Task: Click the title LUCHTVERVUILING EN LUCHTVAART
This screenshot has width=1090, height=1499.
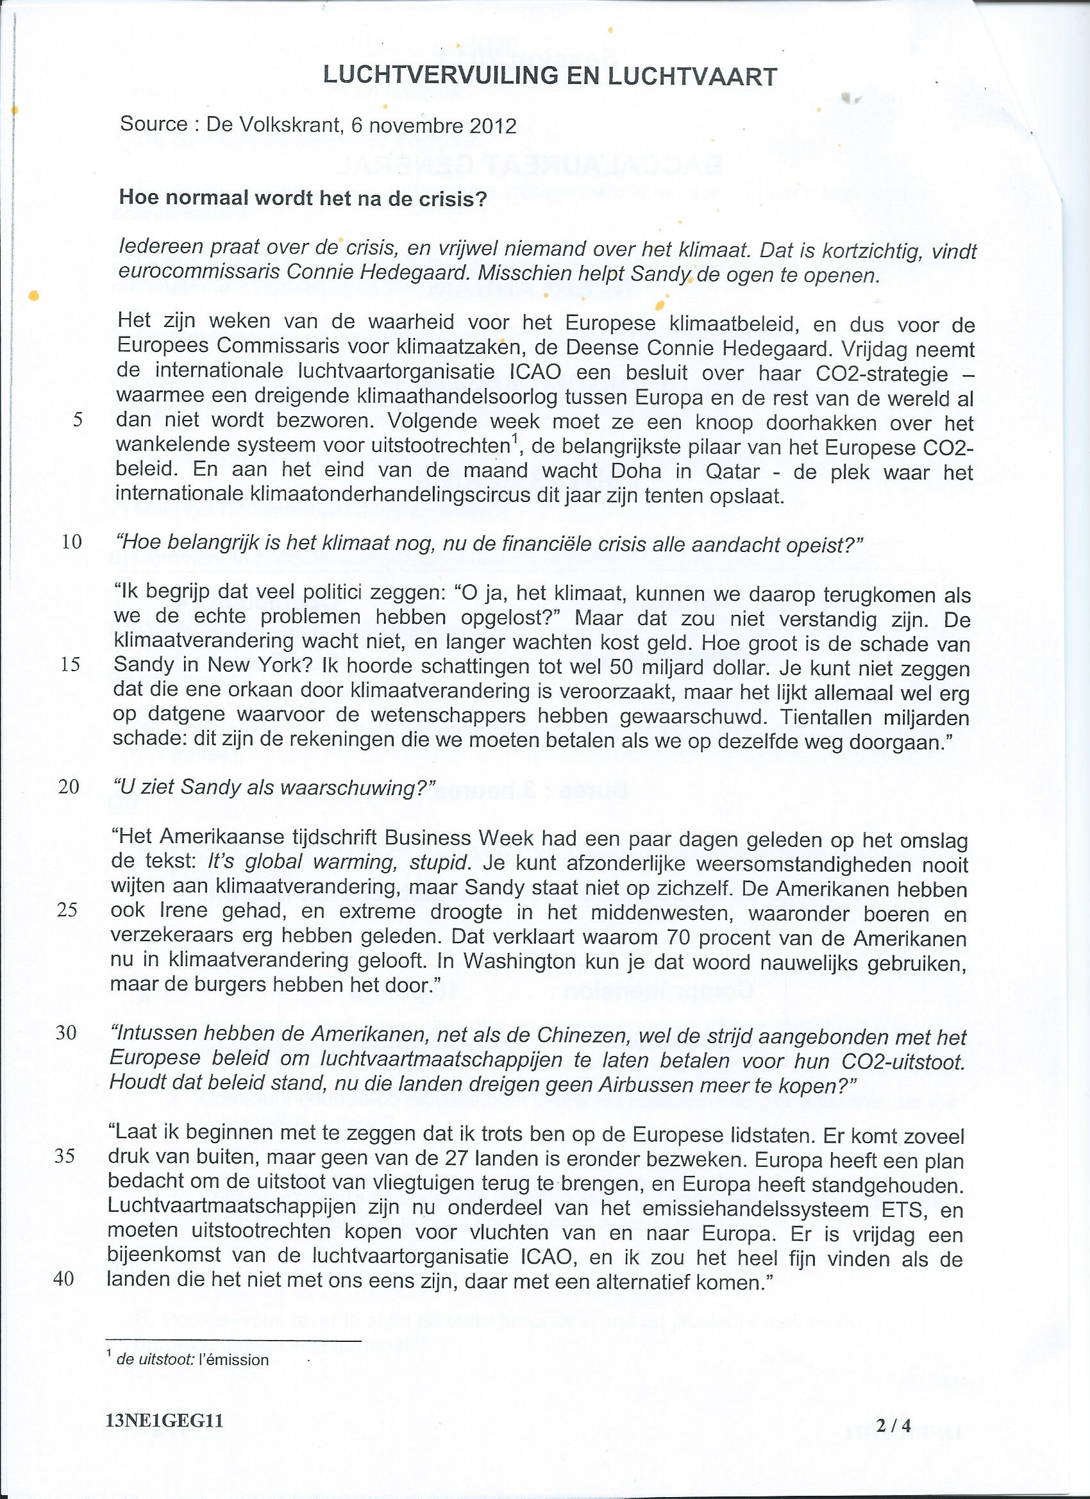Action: pyautogui.click(x=550, y=78)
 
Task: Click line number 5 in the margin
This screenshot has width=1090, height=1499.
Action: pyautogui.click(x=78, y=421)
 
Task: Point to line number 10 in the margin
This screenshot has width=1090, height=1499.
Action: pyautogui.click(x=71, y=542)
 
